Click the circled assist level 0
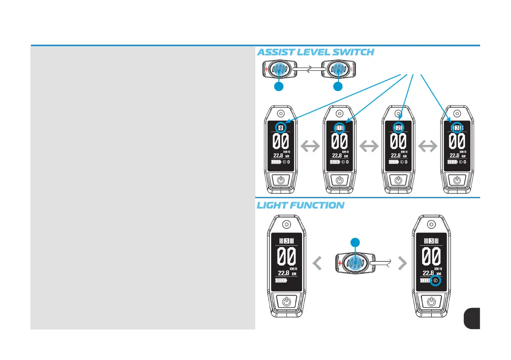[x=281, y=128]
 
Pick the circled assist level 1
[x=339, y=128]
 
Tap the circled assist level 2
[x=398, y=128]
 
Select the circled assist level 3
[x=457, y=128]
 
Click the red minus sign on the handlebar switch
[x=353, y=69]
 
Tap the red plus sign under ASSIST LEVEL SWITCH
[x=266, y=69]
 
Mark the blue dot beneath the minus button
[x=338, y=87]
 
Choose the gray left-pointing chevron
[x=317, y=264]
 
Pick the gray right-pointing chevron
[x=402, y=264]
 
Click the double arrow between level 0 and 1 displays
[x=310, y=147]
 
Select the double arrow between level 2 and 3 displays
[x=428, y=147]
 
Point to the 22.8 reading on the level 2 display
[x=396, y=156]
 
